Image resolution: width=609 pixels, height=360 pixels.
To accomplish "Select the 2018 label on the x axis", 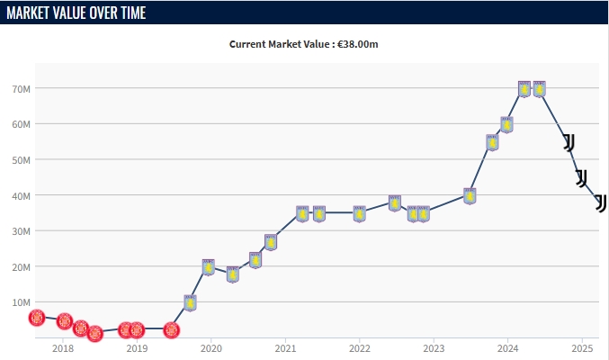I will pyautogui.click(x=63, y=348).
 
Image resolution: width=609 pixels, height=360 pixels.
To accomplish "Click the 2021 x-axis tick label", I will pyautogui.click(x=285, y=348).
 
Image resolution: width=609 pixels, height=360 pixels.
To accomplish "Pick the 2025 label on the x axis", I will pyautogui.click(x=582, y=348).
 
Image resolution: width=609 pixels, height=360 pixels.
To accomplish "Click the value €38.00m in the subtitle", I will pyautogui.click(x=359, y=43).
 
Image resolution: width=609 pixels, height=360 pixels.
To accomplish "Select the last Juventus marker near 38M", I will pyautogui.click(x=600, y=202).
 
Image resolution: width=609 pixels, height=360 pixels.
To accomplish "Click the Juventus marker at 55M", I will pyautogui.click(x=569, y=142).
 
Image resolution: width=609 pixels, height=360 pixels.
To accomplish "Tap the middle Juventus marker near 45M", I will pyautogui.click(x=581, y=177).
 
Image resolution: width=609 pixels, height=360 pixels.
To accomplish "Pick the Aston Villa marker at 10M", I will pyautogui.click(x=190, y=302).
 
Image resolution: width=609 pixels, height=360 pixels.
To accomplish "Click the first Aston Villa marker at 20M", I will pyautogui.click(x=208, y=266).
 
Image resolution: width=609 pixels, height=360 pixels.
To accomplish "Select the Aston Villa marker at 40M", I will pyautogui.click(x=470, y=195).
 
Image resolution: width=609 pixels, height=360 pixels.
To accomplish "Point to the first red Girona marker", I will pyautogui.click(x=37, y=318).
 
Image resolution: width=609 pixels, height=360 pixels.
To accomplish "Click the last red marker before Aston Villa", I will pyautogui.click(x=171, y=330).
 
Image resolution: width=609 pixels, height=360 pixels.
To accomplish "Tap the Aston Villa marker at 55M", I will pyautogui.click(x=492, y=142).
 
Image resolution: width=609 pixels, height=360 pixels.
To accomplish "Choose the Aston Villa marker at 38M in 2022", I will pyautogui.click(x=394, y=202).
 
